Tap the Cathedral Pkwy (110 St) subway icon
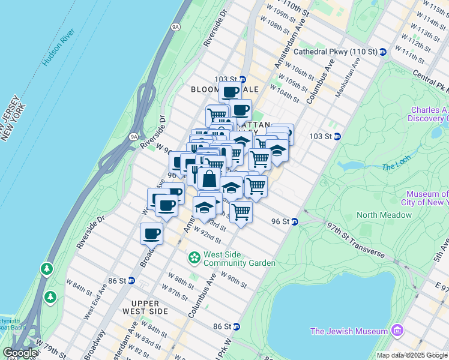[x=382, y=52]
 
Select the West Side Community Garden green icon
[x=194, y=258]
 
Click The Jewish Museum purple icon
[x=396, y=331]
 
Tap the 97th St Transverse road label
[x=355, y=239]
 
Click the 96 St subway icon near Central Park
[x=295, y=221]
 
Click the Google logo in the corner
[x=20, y=353]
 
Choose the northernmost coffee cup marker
[x=230, y=92]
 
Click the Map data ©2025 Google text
[x=412, y=355]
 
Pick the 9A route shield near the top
[x=175, y=26]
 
